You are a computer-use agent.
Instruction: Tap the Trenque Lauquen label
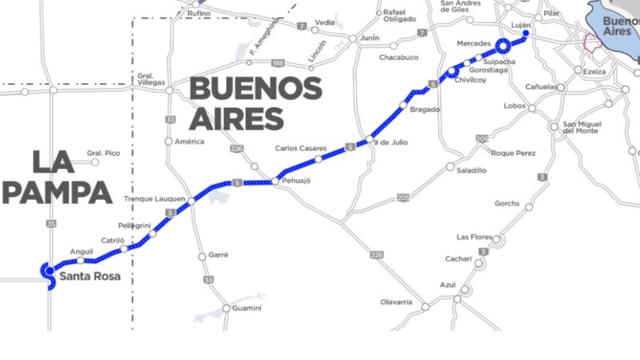coord(156,198)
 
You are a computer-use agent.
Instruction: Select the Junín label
coord(370,38)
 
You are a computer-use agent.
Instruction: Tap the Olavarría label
coord(396,302)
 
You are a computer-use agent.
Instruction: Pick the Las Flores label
coord(472,237)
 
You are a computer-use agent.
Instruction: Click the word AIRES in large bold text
coord(236,118)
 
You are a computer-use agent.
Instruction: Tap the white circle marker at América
coord(169,142)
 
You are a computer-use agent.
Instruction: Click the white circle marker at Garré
coord(202,256)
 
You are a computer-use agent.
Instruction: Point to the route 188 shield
coord(278,62)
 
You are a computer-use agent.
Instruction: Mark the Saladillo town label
coord(471,170)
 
